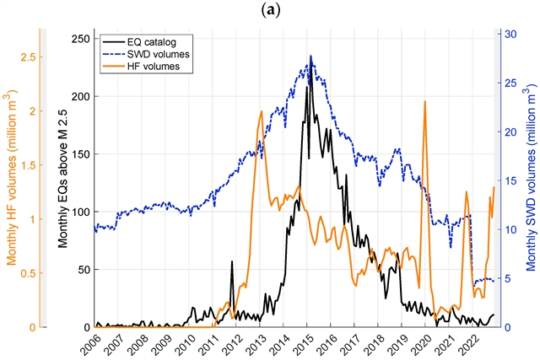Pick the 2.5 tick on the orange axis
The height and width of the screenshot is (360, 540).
pos(25,56)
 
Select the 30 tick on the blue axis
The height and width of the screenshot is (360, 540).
pos(509,35)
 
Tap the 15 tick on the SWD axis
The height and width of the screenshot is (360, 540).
pos(509,180)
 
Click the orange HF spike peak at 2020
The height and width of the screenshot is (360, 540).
pos(424,102)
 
